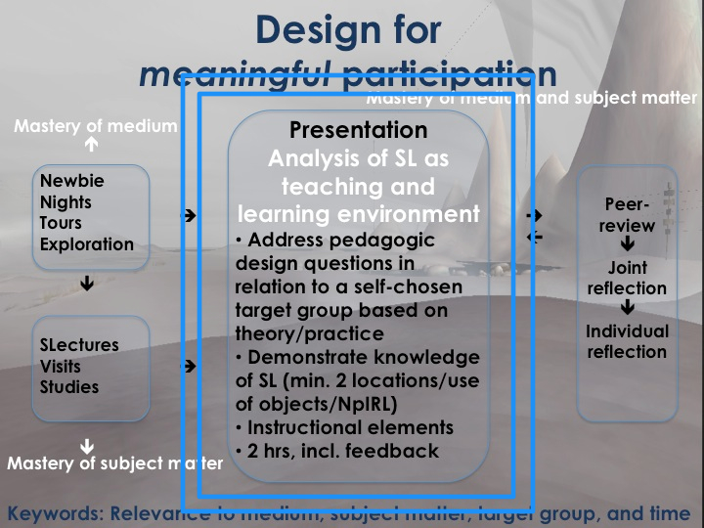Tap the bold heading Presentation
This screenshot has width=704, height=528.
point(358,130)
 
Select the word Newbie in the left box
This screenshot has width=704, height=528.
point(72,181)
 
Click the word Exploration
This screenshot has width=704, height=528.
point(87,244)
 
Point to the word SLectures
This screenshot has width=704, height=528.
point(79,345)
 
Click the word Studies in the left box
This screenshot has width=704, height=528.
point(69,387)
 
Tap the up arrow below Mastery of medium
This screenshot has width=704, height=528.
point(91,145)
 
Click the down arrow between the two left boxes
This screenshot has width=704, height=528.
point(88,285)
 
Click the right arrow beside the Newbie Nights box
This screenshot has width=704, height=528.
point(190,215)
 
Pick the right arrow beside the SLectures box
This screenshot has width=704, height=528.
point(190,367)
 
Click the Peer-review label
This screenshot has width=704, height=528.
point(629,215)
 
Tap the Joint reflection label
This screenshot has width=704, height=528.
point(627,278)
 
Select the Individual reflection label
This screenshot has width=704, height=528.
point(627,341)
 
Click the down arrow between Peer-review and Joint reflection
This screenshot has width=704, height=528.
point(628,244)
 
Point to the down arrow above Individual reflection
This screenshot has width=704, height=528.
point(628,309)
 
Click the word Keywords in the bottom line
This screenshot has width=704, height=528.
point(53,513)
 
